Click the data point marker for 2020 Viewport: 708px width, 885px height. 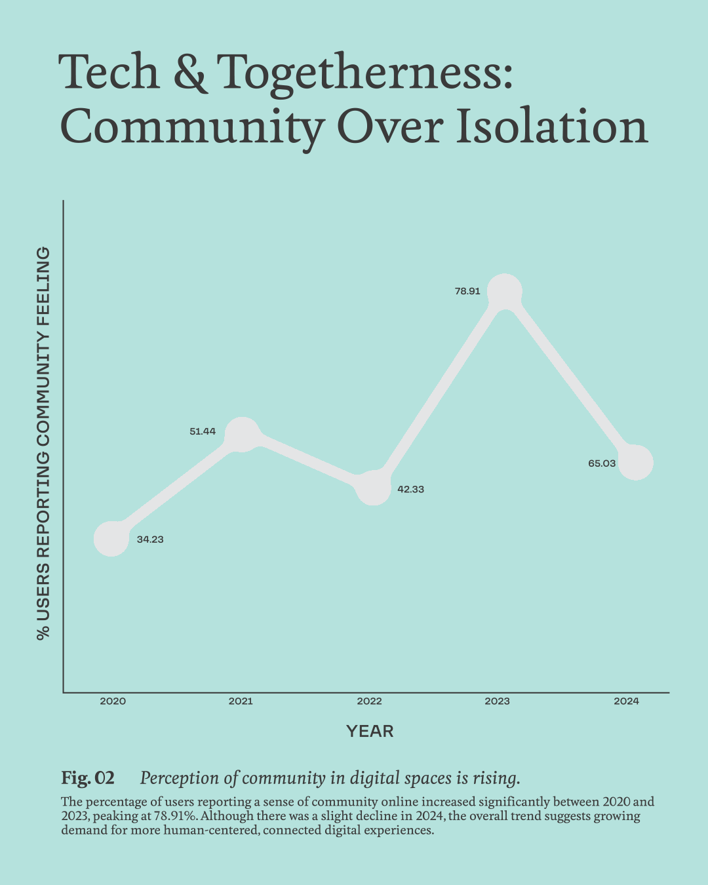pyautogui.click(x=111, y=539)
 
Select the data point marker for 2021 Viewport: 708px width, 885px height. pyautogui.click(x=242, y=434)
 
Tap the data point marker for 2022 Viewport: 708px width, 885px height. pyautogui.click(x=373, y=488)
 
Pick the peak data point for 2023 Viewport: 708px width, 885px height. pyautogui.click(x=504, y=292)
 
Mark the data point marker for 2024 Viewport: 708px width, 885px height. pyautogui.click(x=635, y=462)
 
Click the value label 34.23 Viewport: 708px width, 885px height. pyautogui.click(x=150, y=540)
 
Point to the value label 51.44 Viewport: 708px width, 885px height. pyautogui.click(x=203, y=431)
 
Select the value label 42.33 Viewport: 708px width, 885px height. pyautogui.click(x=411, y=489)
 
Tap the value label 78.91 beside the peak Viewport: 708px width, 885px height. pyautogui.click(x=467, y=291)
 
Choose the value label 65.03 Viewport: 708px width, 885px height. pyautogui.click(x=602, y=463)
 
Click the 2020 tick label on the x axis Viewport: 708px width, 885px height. pyautogui.click(x=113, y=701)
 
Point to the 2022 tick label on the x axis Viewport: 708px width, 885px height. pyautogui.click(x=369, y=701)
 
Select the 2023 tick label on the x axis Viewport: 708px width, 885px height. pyautogui.click(x=498, y=701)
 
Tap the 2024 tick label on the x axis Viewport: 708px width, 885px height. pyautogui.click(x=626, y=701)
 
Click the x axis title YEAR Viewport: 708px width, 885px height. pyautogui.click(x=370, y=732)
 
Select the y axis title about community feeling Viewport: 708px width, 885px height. pyautogui.click(x=43, y=443)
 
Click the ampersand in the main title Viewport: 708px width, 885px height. pyautogui.click(x=190, y=72)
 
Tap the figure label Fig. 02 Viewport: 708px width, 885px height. pyautogui.click(x=88, y=778)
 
